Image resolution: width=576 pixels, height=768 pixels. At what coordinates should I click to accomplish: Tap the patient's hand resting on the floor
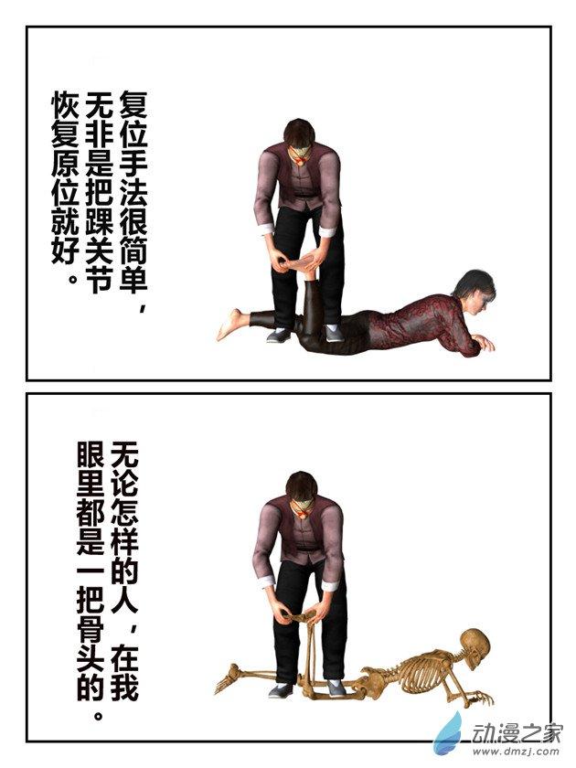click(483, 344)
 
